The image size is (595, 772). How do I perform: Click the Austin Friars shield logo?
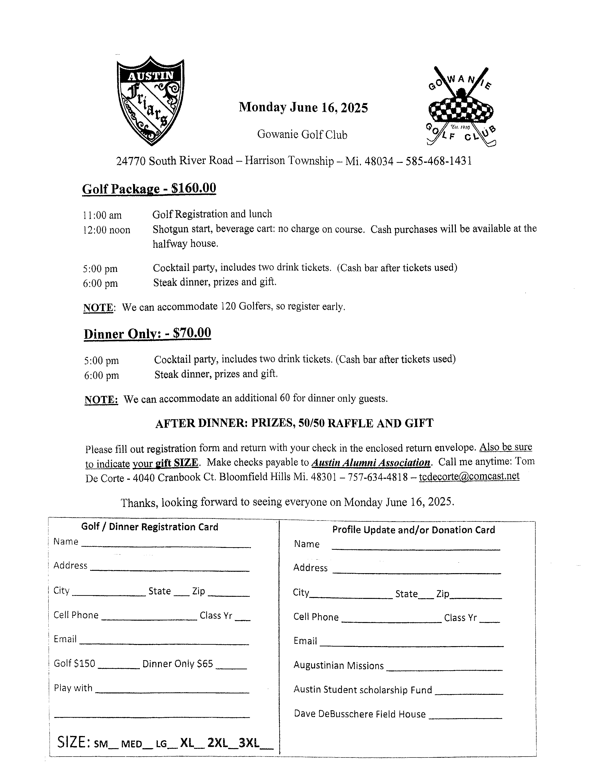pyautogui.click(x=151, y=101)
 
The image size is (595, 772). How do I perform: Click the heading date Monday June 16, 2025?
pyautogui.click(x=303, y=107)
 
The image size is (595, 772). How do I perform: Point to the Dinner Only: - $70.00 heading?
pyautogui.click(x=147, y=333)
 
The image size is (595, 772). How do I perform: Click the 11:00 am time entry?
pyautogui.click(x=102, y=215)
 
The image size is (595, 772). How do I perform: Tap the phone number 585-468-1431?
pyautogui.click(x=439, y=161)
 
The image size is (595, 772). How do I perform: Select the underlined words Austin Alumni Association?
pyautogui.click(x=371, y=462)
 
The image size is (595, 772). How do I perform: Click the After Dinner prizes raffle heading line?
pyautogui.click(x=294, y=423)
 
